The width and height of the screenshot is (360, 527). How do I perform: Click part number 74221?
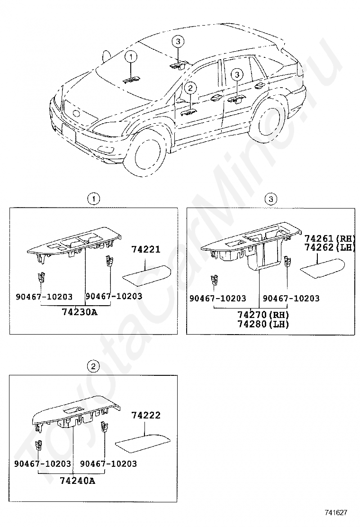tap(145, 249)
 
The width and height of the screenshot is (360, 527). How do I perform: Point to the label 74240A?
tap(78, 481)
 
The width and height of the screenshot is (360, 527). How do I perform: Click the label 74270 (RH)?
tap(263, 315)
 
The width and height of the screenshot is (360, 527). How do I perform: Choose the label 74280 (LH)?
tap(263, 324)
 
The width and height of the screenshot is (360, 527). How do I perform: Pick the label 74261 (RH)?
tap(330, 238)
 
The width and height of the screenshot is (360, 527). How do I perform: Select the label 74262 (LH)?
tap(330, 247)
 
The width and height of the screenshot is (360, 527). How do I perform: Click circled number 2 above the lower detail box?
tap(93, 366)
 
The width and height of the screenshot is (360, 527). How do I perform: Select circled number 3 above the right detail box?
tap(270, 199)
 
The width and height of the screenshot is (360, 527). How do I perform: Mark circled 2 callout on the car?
tap(190, 88)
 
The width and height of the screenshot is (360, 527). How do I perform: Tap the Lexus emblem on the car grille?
tap(75, 114)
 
